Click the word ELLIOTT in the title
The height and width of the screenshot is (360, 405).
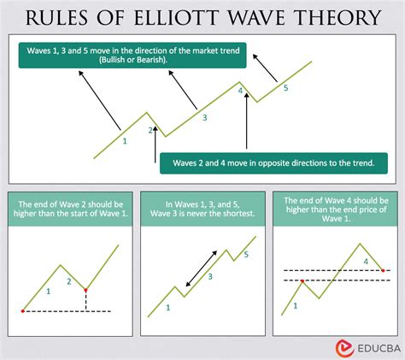(x=176, y=17)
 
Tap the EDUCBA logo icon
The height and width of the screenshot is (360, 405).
(x=344, y=348)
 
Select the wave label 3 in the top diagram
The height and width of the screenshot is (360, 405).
(x=205, y=117)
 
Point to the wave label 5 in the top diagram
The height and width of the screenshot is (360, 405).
(x=286, y=88)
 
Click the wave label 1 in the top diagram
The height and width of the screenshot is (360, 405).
(x=125, y=141)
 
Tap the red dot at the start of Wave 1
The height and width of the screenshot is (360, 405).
(x=23, y=311)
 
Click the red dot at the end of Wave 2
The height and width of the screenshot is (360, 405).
(x=85, y=290)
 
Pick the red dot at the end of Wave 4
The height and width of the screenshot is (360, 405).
(x=383, y=270)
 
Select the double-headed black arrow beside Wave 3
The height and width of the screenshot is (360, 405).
(x=201, y=269)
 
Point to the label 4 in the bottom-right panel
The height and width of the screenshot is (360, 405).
(x=366, y=262)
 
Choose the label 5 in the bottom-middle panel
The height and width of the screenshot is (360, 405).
(x=246, y=255)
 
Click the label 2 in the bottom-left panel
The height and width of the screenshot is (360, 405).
(x=69, y=281)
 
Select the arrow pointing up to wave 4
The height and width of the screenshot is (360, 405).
(x=247, y=121)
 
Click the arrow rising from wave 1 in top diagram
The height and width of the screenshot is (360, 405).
(x=100, y=100)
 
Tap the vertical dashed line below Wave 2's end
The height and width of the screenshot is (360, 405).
(x=85, y=301)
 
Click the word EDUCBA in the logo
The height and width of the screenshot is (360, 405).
(x=379, y=349)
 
